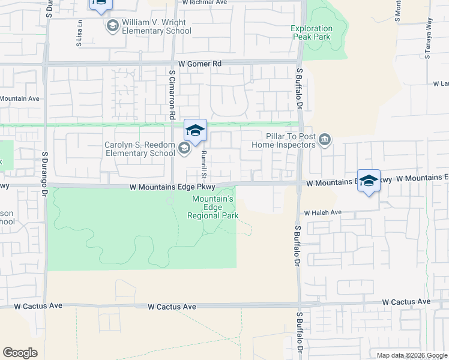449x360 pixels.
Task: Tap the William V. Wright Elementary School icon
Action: point(112,25)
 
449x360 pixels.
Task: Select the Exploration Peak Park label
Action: point(312,32)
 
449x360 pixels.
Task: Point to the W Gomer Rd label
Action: point(200,63)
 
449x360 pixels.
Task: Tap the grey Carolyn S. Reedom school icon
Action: point(184,148)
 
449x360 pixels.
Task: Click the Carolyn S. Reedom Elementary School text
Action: point(139,149)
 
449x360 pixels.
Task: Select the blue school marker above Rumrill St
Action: point(196,130)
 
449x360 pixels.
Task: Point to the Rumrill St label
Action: point(204,165)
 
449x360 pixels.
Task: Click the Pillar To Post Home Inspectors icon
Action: point(325,140)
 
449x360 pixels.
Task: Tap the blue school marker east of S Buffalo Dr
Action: point(369,180)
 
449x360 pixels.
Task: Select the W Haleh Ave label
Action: point(322,212)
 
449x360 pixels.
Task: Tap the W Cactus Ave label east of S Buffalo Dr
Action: point(406,301)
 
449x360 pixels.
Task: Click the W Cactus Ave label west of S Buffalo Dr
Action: point(173,307)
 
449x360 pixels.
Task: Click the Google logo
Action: point(20,353)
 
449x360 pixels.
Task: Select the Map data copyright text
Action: point(411,355)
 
